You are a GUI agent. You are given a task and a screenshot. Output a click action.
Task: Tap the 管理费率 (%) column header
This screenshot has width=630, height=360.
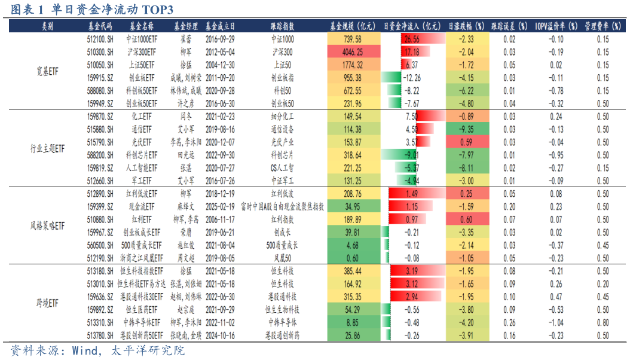[603, 27]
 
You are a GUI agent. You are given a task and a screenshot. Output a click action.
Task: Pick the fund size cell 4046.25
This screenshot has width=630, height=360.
[353, 52]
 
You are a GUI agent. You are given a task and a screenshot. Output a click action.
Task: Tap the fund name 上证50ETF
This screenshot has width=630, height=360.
[141, 65]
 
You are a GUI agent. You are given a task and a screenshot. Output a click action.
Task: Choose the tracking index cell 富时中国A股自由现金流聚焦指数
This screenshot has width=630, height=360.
[283, 206]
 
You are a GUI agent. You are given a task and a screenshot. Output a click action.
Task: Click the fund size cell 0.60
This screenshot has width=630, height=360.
[353, 258]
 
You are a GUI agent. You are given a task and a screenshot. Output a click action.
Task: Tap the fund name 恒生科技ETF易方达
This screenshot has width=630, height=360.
[141, 283]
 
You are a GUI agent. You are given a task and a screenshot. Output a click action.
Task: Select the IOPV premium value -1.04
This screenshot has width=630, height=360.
[556, 322]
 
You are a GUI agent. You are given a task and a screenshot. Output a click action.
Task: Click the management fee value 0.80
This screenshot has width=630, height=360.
[603, 322]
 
